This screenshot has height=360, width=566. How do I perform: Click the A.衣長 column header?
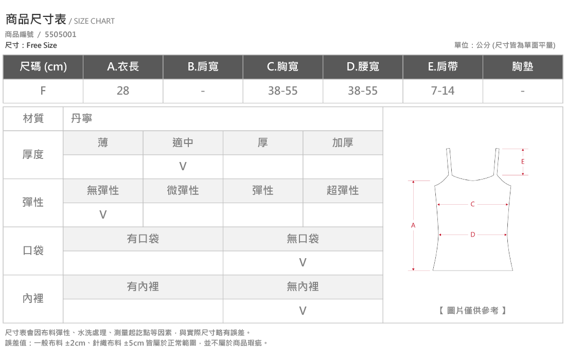pyautogui.click(x=123, y=66)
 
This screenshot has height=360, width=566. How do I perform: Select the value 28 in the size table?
pyautogui.click(x=123, y=91)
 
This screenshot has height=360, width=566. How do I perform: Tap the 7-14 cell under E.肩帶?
pyautogui.click(x=443, y=91)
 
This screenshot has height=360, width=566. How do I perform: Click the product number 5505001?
pyautogui.click(x=61, y=34)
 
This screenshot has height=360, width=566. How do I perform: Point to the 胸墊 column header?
pyautogui.click(x=522, y=66)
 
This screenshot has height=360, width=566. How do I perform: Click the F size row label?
pyautogui.click(x=43, y=91)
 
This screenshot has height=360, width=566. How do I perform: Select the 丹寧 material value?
pyautogui.click(x=82, y=118)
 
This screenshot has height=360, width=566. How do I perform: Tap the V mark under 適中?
pyautogui.click(x=183, y=166)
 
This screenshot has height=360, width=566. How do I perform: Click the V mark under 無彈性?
pyautogui.click(x=103, y=214)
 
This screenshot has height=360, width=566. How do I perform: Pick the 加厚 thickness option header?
pyautogui.click(x=343, y=143)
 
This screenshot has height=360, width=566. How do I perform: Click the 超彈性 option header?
pyautogui.click(x=343, y=190)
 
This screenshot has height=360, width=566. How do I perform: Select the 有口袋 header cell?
pyautogui.click(x=143, y=239)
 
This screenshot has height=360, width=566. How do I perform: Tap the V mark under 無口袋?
pyautogui.click(x=303, y=263)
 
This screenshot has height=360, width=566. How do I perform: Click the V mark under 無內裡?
pyautogui.click(x=303, y=311)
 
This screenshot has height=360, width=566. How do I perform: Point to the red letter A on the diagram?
pyautogui.click(x=413, y=225)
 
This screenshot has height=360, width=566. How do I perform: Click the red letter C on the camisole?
pyautogui.click(x=472, y=204)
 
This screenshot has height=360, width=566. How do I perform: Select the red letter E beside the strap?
pyautogui.click(x=523, y=161)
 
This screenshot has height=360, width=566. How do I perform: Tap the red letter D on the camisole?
pyautogui.click(x=472, y=235)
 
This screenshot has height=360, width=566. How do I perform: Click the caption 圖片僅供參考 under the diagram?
pyautogui.click(x=472, y=310)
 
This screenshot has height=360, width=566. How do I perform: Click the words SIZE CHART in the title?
pyautogui.click(x=94, y=21)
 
